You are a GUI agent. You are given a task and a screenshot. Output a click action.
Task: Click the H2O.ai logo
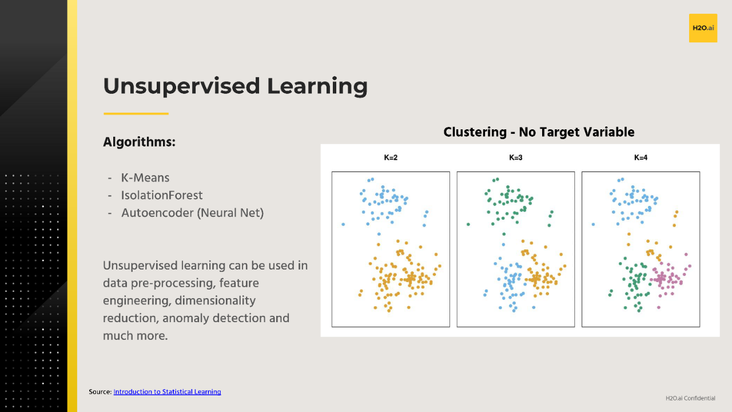point(703,28)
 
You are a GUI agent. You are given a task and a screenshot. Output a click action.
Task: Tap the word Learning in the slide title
point(317,86)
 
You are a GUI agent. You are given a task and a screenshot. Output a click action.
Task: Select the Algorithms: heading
point(139,142)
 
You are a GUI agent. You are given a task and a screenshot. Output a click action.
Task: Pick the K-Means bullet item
point(145,178)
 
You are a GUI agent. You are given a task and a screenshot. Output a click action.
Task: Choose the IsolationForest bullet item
point(162,195)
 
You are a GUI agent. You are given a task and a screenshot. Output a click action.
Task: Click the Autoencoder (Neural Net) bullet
point(192,213)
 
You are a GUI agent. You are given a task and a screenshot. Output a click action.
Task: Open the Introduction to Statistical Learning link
point(167,392)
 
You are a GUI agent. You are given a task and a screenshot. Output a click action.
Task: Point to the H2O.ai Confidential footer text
point(690,398)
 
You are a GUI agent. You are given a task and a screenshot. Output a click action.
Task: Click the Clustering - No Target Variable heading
point(539,132)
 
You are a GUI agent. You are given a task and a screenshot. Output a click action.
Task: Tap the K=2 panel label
point(391,157)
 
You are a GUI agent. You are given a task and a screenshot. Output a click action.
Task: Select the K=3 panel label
point(516,157)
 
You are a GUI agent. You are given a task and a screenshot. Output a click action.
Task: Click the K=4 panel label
point(640,157)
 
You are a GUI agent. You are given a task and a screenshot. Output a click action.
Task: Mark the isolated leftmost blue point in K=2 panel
point(343,224)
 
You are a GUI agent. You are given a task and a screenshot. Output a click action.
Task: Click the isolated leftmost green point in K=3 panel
point(468,224)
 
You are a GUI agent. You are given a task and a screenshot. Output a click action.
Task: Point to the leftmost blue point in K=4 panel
point(593,224)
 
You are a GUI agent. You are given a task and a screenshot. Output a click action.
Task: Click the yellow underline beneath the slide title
point(136,113)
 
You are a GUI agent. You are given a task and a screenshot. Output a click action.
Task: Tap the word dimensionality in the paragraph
point(216,300)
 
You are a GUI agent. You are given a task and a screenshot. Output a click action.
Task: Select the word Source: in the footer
point(100,392)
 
